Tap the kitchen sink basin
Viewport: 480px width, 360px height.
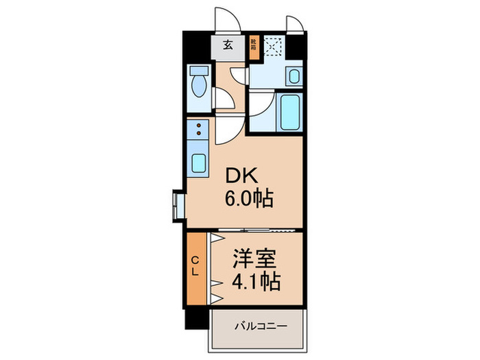(199, 163)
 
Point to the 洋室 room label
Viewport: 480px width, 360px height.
(256, 259)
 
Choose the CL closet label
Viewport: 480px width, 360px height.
(195, 265)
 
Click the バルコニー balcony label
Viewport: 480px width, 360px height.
(259, 325)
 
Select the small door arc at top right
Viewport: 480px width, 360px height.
(295, 24)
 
